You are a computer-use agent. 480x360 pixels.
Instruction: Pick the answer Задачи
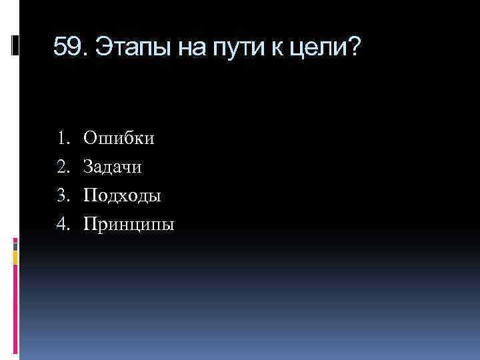pyautogui.click(x=113, y=167)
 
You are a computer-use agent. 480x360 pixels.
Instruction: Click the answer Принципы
pyautogui.click(x=129, y=225)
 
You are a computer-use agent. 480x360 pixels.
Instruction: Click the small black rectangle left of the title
pyautogui.click(x=16, y=45)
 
